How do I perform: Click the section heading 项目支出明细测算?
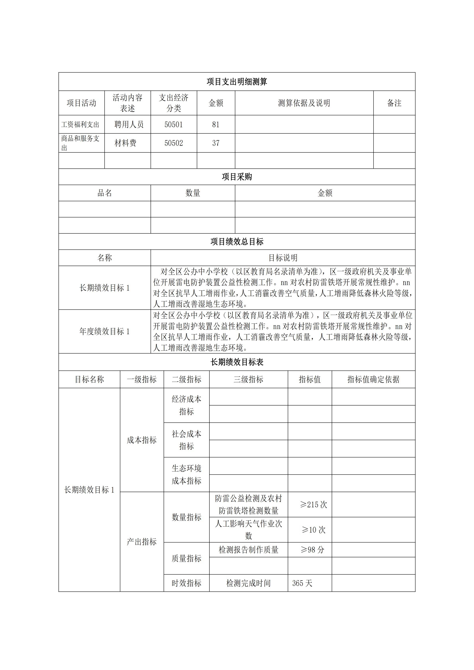coord(237,82)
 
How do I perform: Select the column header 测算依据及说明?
coord(304,103)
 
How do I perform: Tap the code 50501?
coord(174,125)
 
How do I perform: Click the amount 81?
coord(216,125)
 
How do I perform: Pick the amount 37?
coord(216,143)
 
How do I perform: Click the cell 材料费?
coord(125,143)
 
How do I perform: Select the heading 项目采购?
coord(237,177)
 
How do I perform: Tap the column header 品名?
coord(105,193)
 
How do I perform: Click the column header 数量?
coord(193,193)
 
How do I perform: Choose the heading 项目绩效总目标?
coord(237,242)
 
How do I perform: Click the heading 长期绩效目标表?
coord(237,362)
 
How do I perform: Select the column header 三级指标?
coord(248,379)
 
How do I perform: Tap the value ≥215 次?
coord(314,505)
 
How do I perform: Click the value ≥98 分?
coord(312,550)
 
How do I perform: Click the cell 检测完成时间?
coord(248,583)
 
